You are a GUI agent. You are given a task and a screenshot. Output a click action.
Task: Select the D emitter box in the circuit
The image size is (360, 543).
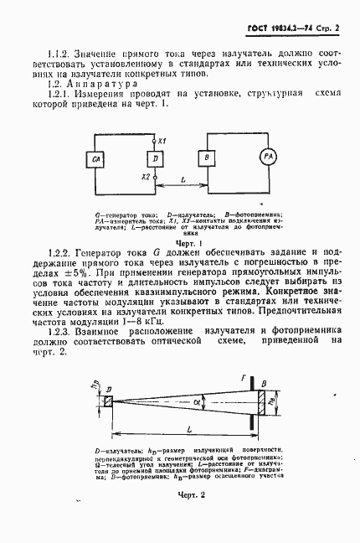click(155, 158)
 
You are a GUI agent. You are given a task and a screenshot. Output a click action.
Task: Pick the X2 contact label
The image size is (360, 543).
click(146, 178)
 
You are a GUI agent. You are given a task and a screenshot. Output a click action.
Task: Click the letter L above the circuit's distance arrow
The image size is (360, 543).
click(183, 179)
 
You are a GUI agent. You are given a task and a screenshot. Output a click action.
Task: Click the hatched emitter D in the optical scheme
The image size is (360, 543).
click(109, 401)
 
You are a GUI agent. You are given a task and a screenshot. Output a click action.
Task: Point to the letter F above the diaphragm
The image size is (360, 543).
click(244, 380)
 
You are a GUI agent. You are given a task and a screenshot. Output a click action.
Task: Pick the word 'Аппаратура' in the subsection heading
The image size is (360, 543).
click(93, 85)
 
